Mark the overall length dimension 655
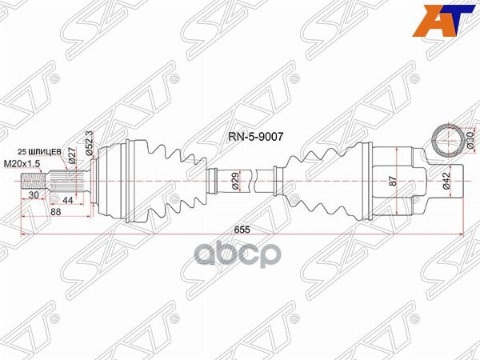pos(238,229)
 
